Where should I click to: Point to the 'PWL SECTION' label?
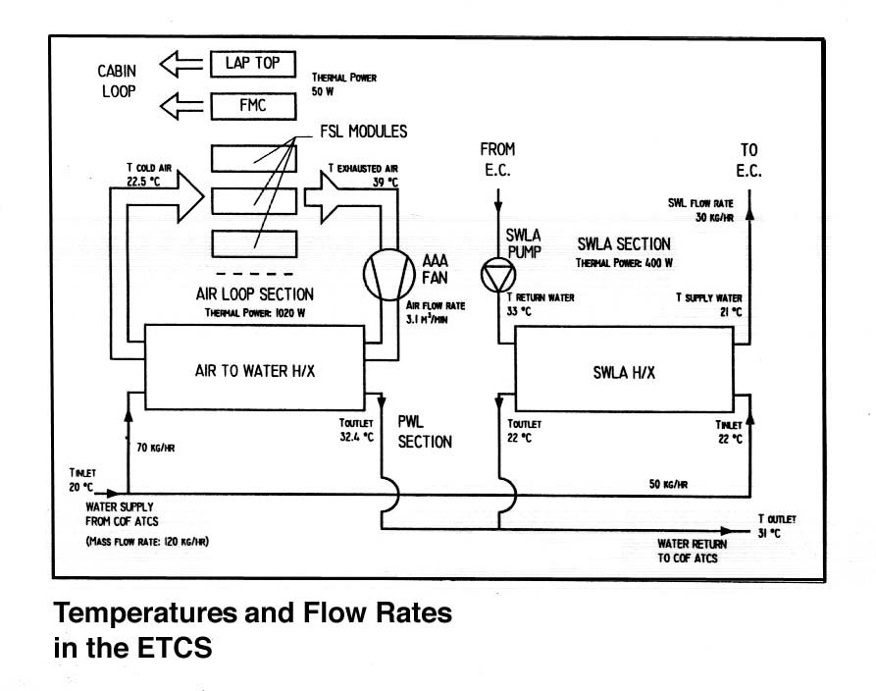point(425,431)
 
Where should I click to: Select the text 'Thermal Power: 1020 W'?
point(254,313)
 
